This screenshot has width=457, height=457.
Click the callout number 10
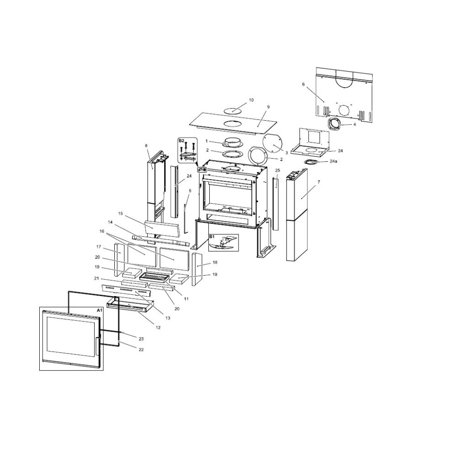click(x=251, y=100)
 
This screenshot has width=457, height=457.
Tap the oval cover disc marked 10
click(x=233, y=110)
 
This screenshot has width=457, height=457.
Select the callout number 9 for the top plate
click(x=268, y=106)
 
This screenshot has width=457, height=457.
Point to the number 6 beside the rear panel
click(x=303, y=84)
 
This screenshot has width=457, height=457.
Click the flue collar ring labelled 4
click(x=334, y=124)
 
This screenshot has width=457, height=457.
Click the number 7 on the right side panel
click(x=319, y=182)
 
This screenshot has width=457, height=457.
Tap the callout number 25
click(x=277, y=170)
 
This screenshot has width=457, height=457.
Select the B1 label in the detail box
click(x=212, y=237)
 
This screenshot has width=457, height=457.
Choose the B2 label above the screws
click(x=181, y=140)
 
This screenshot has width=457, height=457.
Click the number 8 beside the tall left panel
click(x=146, y=146)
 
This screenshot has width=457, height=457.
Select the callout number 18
click(x=215, y=263)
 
